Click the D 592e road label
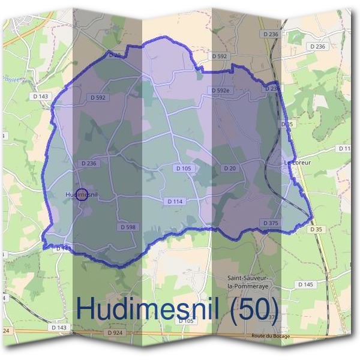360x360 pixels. tap(220, 91)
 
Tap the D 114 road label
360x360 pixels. tap(173, 202)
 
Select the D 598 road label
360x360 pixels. tap(128, 227)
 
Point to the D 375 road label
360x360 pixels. tap(271, 223)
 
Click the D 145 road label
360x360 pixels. tap(305, 284)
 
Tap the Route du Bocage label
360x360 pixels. tap(271, 336)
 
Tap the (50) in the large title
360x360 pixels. tap(246, 309)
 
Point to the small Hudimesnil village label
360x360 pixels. tap(82, 194)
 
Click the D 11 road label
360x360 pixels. tap(344, 148)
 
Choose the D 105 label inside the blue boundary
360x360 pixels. tap(184, 169)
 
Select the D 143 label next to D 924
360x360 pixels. tap(59, 328)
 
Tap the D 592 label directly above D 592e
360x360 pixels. tap(220, 56)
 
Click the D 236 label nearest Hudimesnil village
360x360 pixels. tap(88, 163)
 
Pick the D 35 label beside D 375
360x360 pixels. tap(316, 229)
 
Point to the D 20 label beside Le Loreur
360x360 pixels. tap(230, 169)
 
